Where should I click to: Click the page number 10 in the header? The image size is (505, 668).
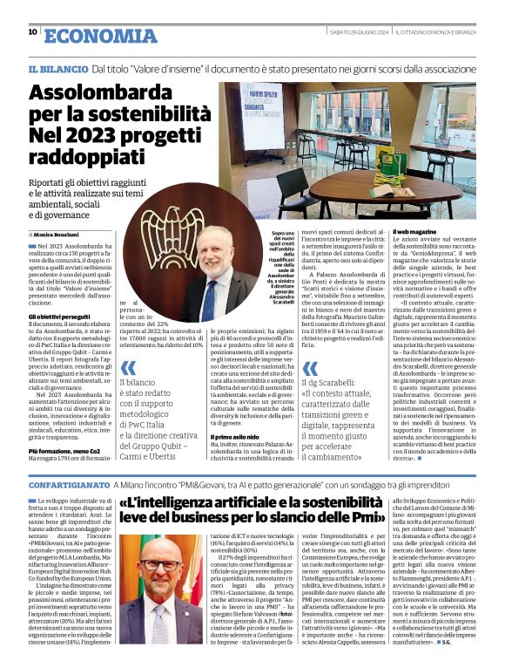[x=32, y=32]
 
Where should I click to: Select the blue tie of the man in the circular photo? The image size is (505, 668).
[x=211, y=292]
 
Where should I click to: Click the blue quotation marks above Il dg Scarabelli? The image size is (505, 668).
[x=310, y=370]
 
